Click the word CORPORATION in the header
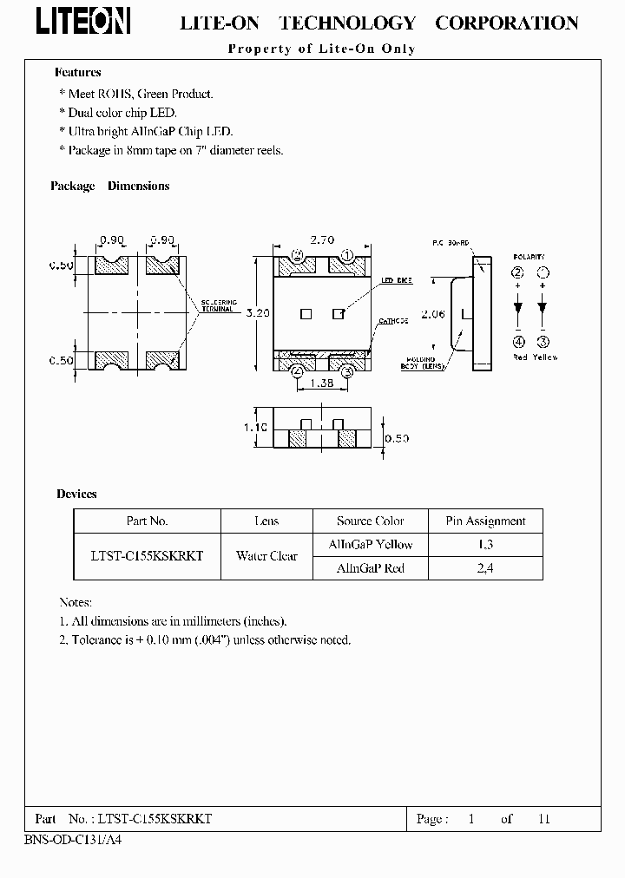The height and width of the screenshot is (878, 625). (506, 23)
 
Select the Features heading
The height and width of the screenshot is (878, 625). (78, 73)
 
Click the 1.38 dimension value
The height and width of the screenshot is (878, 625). (322, 383)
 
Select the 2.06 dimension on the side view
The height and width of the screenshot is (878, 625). (432, 314)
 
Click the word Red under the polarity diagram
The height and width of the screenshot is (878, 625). (520, 357)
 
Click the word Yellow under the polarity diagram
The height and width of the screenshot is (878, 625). (544, 357)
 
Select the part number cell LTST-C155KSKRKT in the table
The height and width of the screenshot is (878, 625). (147, 556)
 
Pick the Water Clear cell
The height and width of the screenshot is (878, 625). (266, 556)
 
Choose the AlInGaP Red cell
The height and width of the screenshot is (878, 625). (370, 568)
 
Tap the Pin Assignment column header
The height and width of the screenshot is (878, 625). (485, 521)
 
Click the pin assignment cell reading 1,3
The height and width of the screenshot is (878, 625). (485, 545)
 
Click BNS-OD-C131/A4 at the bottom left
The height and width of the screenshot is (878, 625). (67, 842)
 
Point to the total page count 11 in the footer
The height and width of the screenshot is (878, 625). (544, 818)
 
